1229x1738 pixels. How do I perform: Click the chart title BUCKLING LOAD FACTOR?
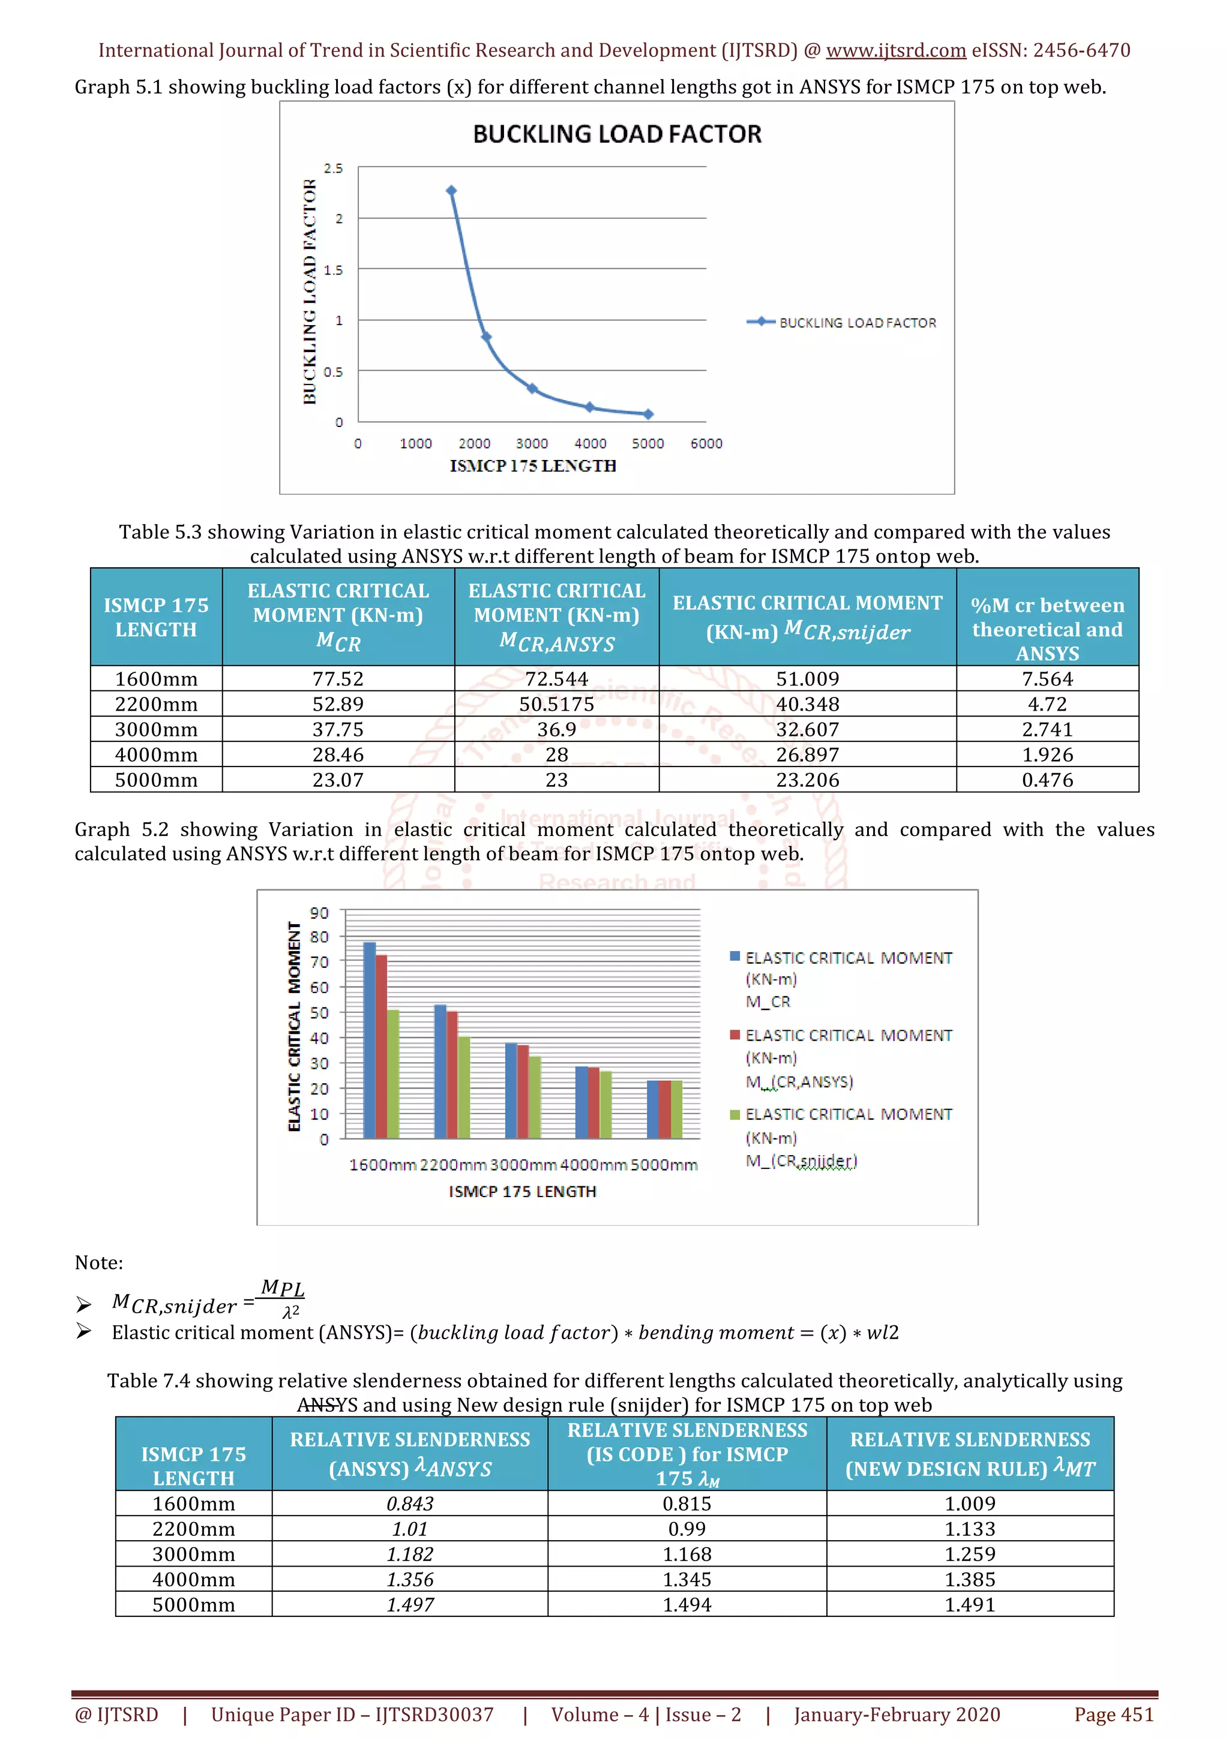point(617,134)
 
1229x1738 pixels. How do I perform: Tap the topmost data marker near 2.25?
point(451,191)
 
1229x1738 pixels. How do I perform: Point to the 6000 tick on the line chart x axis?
point(706,444)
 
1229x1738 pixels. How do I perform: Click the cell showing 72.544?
point(556,679)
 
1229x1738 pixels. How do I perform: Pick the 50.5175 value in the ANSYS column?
point(556,704)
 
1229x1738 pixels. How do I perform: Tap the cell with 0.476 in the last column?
point(1047,780)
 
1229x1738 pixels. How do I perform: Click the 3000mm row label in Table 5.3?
point(156,730)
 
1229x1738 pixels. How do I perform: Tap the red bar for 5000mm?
point(664,1109)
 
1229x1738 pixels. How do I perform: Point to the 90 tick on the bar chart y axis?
point(320,913)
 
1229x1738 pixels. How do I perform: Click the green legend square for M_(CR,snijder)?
point(735,1114)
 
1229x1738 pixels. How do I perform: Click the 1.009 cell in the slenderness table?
point(969,1504)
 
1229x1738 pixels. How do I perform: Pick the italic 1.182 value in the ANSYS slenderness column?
point(410,1554)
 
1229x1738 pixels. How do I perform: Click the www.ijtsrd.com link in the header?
point(895,51)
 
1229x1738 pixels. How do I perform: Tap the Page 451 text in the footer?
point(1113,1715)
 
